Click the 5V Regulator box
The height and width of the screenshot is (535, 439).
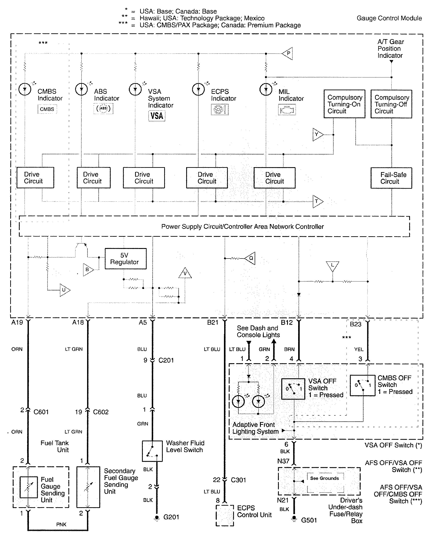(126, 258)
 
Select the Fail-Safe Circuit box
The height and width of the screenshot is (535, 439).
(391, 178)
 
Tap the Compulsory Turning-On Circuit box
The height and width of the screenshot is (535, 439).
(344, 104)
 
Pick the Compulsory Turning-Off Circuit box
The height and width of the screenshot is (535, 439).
(391, 104)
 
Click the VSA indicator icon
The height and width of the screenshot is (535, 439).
(157, 116)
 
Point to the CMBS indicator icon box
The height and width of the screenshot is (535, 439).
(47, 109)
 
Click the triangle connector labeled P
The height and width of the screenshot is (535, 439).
(288, 53)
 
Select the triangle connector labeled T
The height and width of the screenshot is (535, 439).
(317, 202)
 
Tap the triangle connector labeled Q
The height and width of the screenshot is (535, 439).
(250, 258)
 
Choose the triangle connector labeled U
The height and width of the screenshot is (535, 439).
(64, 290)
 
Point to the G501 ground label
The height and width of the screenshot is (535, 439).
(309, 520)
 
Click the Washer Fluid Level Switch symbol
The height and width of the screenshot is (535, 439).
(152, 451)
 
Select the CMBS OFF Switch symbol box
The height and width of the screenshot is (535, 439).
(362, 385)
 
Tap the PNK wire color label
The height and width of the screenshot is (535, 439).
(61, 525)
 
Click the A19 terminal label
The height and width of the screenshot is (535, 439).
(17, 323)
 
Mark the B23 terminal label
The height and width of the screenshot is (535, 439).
(355, 324)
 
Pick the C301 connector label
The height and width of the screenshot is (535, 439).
(238, 480)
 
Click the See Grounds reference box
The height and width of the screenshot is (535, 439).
(324, 478)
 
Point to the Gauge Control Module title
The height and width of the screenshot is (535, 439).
(389, 18)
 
